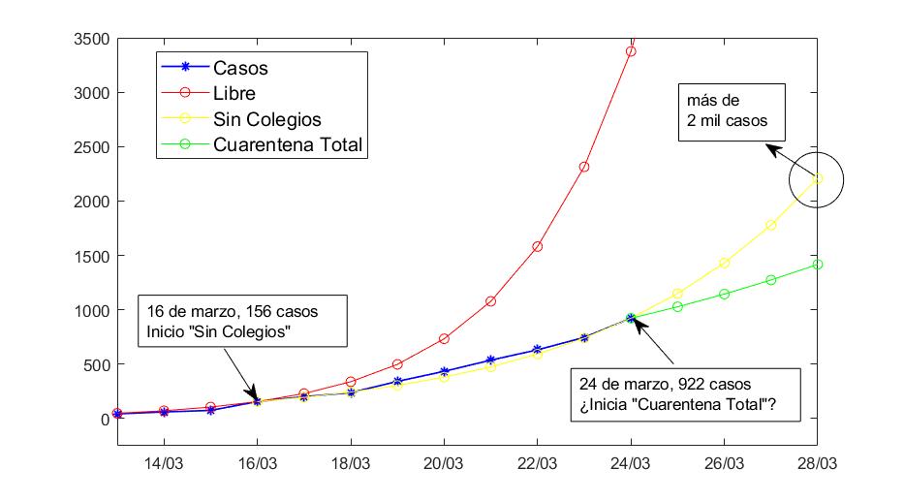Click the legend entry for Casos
click(240, 69)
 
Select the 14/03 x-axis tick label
click(163, 463)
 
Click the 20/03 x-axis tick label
click(444, 463)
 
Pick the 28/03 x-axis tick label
click(818, 463)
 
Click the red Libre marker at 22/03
click(538, 246)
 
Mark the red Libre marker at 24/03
click(631, 51)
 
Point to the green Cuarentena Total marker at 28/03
click(818, 264)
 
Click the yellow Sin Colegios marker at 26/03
click(724, 263)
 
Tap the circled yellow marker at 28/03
click(818, 178)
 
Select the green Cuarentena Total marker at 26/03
click(724, 294)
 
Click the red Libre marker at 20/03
click(444, 339)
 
